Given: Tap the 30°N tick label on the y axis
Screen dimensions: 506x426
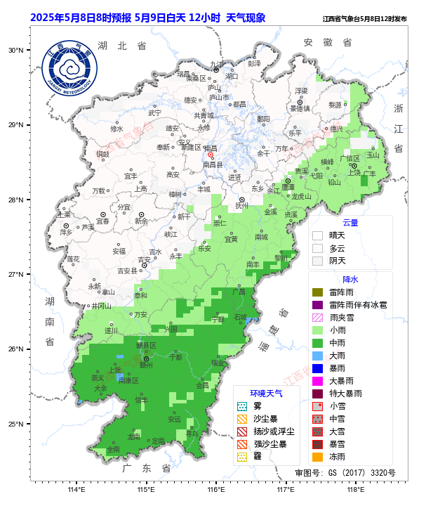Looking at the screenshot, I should pyautogui.click(x=15, y=51).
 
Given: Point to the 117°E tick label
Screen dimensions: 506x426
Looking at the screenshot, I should pyautogui.click(x=285, y=490).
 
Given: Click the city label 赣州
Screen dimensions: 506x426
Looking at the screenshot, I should pyautogui.click(x=146, y=365).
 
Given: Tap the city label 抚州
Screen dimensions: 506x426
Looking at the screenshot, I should pyautogui.click(x=242, y=206).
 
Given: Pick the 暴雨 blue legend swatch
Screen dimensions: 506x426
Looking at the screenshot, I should pyautogui.click(x=318, y=368).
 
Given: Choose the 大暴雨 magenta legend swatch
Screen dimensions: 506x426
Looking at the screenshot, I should pyautogui.click(x=318, y=380).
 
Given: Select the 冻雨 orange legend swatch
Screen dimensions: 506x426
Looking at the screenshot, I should pyautogui.click(x=318, y=456).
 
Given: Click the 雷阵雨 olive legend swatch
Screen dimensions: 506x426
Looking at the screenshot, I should pyautogui.click(x=318, y=292).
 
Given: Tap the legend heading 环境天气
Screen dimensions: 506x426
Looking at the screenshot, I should pyautogui.click(x=267, y=394).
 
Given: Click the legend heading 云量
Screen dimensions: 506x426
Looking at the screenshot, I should pyautogui.click(x=350, y=222).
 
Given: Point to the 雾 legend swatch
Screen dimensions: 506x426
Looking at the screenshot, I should pyautogui.click(x=242, y=406).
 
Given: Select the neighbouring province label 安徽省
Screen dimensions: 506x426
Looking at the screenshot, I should pyautogui.click(x=327, y=43).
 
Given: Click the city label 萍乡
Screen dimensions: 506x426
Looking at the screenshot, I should pyautogui.click(x=67, y=232).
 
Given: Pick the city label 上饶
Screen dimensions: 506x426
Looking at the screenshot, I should pyautogui.click(x=354, y=172).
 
